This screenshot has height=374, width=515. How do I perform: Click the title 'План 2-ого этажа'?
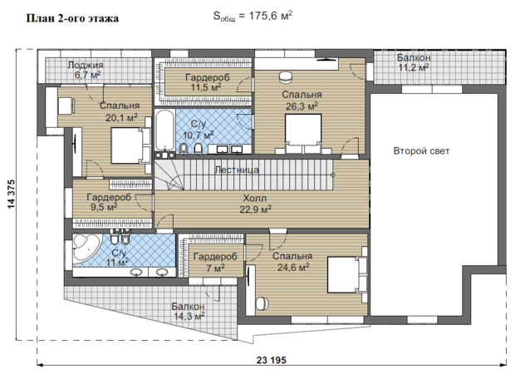coord(72,18)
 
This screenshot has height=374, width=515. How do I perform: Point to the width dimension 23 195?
coord(272,360)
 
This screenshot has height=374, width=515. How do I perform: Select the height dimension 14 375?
coord(11,194)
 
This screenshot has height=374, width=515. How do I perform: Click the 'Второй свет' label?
coord(421,151)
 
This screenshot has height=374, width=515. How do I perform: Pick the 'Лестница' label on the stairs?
coord(237,170)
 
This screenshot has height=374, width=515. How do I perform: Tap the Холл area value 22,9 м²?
coord(255,209)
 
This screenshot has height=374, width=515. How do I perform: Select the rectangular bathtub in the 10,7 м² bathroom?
coord(164,130)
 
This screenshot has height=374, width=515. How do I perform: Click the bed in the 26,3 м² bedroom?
coord(303,134)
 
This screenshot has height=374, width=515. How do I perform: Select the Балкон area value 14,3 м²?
coord(189,317)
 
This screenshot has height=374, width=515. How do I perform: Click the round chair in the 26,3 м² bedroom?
coord(286,77)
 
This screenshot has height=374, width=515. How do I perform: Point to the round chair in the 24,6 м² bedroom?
coord(262,303)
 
